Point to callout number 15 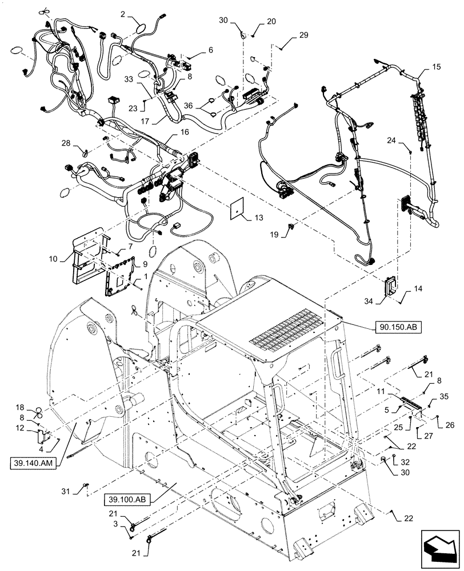436,66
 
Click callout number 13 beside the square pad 258,218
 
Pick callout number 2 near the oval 123,13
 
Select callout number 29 303,35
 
